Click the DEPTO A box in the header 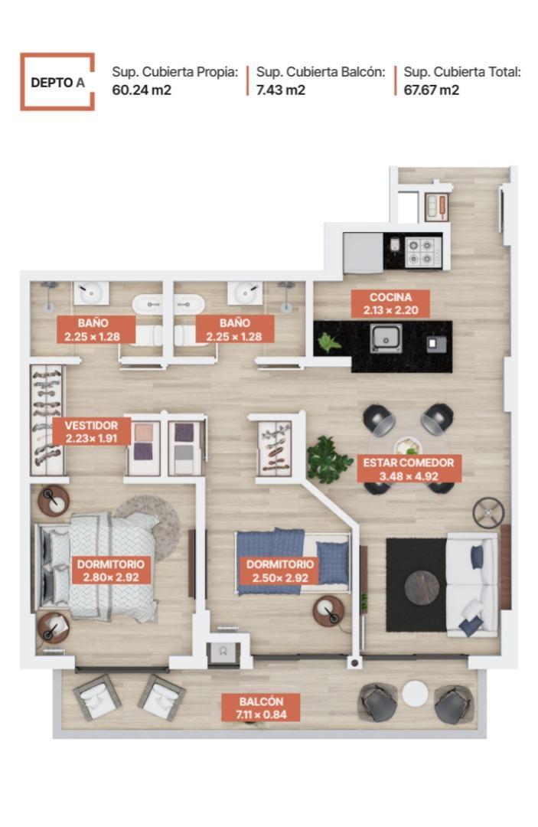coord(57,81)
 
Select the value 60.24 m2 coord(141,90)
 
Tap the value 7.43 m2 coord(281,90)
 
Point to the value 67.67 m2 coord(431,90)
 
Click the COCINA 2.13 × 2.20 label coord(390,304)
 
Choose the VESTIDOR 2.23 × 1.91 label coord(92,432)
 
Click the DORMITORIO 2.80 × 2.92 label coord(112,570)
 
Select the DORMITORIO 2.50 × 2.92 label coord(281,571)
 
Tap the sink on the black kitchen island coord(386,338)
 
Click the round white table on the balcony coord(416,694)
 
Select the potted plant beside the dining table coord(329,459)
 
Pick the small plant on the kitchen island coord(330,342)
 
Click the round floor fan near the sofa coord(488,512)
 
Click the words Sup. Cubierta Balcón coord(320,72)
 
